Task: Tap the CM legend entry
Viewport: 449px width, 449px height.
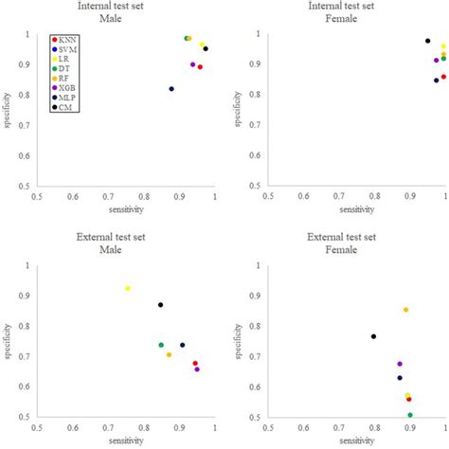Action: click(67, 134)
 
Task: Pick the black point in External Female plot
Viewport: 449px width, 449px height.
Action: click(373, 336)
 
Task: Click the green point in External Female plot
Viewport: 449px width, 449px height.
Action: click(410, 415)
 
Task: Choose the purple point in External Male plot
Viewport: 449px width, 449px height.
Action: click(197, 369)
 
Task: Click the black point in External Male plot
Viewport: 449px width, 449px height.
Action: click(161, 305)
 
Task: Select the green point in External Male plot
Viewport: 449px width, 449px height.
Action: click(161, 345)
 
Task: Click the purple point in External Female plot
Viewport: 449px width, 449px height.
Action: click(400, 364)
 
